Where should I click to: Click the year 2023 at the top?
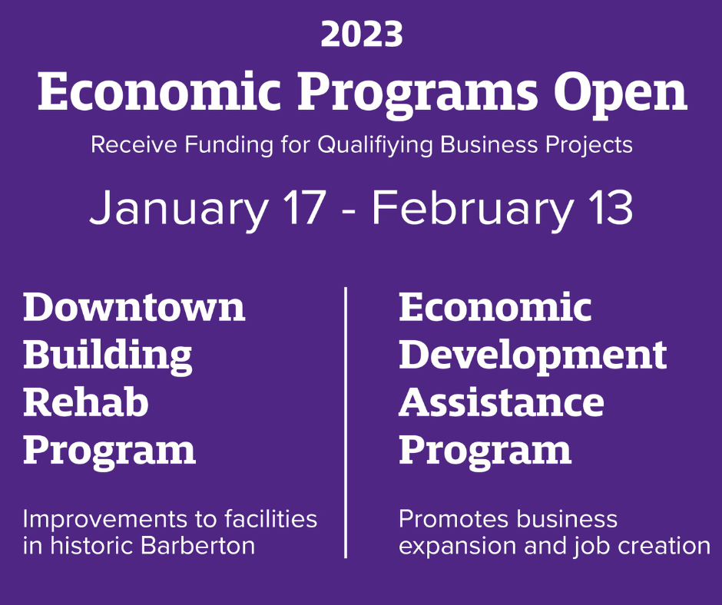click(361, 35)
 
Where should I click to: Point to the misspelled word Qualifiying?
click(382, 145)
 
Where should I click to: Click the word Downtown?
click(134, 307)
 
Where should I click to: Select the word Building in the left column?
click(108, 355)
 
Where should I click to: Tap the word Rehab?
click(85, 402)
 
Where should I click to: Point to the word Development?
click(532, 355)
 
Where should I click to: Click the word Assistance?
click(501, 402)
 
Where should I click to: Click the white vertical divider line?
click(346, 422)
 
